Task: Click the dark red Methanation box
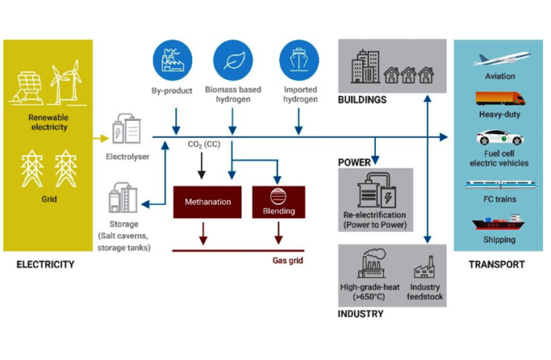pos(208,202)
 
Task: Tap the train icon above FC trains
pos(500,185)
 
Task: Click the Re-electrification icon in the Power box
pos(374,190)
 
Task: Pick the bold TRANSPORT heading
pos(496,264)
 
